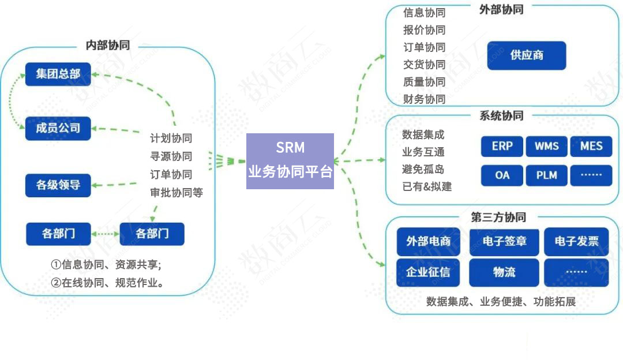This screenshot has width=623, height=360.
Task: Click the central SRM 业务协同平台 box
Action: [290, 161]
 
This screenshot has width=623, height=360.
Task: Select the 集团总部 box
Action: [58, 74]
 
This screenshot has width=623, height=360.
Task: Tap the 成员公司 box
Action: [58, 128]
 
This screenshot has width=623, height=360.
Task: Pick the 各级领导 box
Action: [58, 185]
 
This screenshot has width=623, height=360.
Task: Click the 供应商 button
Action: [526, 56]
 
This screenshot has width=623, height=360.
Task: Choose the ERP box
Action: [502, 147]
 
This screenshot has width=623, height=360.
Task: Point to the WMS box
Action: [546, 147]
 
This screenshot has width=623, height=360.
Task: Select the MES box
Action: [591, 147]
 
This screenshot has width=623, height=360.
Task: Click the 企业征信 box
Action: [428, 272]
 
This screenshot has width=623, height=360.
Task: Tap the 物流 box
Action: [504, 272]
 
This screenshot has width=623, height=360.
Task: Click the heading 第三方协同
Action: [498, 217]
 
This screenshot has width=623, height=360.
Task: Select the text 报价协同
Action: [424, 30]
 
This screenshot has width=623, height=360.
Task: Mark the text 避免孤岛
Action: [423, 170]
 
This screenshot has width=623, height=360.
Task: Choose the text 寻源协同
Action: [171, 156]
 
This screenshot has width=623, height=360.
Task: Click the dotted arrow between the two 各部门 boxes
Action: [105, 234]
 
